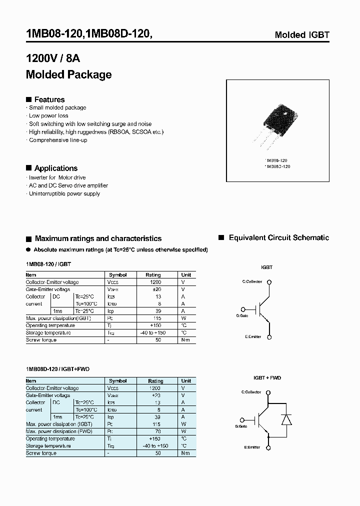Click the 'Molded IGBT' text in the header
tap(302, 35)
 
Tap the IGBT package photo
tap(277, 123)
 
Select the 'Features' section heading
tap(49, 99)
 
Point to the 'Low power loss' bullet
tap(48, 115)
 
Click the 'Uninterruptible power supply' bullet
tap(64, 193)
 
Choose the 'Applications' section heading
tap(55, 168)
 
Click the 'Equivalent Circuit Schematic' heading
tap(278, 238)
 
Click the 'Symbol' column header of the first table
tap(118, 275)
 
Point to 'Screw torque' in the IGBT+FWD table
tap(41, 453)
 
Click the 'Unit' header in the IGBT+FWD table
tap(186, 381)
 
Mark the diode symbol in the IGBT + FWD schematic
tap(286, 419)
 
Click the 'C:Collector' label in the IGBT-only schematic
tap(252, 281)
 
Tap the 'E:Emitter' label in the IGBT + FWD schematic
tap(252, 447)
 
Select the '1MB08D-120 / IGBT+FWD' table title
tap(57, 369)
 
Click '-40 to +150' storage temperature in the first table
tap(153, 332)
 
